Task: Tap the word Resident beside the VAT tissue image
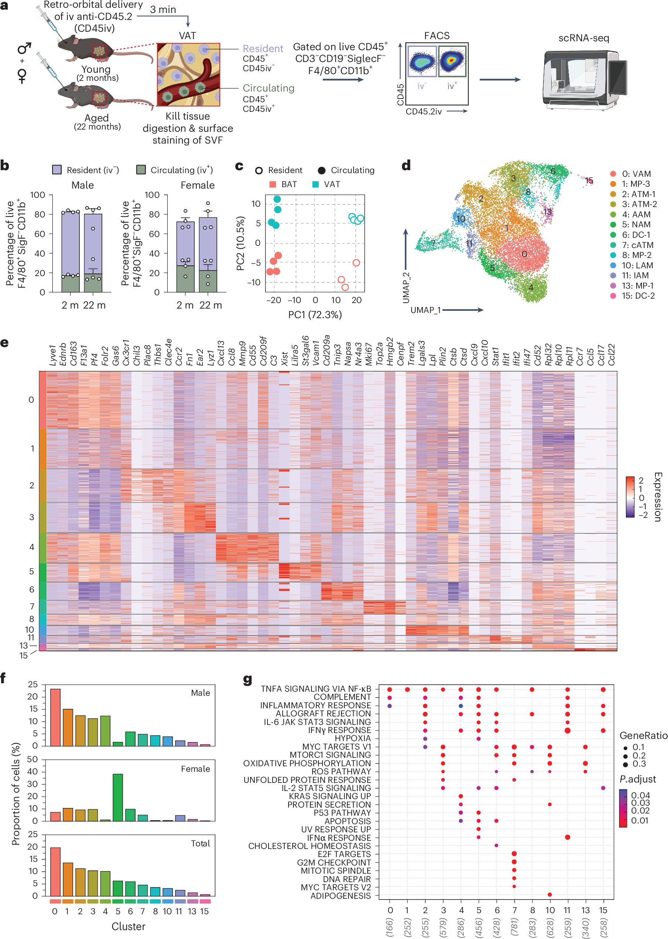(x=263, y=48)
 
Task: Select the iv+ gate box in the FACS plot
(x=452, y=62)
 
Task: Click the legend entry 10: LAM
(x=637, y=265)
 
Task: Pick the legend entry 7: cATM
(x=637, y=245)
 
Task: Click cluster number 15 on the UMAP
(x=589, y=180)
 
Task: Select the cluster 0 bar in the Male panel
(x=55, y=717)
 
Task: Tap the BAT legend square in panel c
(x=272, y=184)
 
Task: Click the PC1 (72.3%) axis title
(x=315, y=315)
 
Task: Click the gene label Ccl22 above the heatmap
(x=611, y=354)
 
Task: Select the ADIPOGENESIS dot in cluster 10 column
(x=550, y=895)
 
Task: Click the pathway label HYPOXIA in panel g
(x=352, y=739)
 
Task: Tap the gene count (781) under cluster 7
(x=514, y=928)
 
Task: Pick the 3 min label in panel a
(x=163, y=10)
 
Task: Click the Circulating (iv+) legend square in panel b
(x=141, y=170)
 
